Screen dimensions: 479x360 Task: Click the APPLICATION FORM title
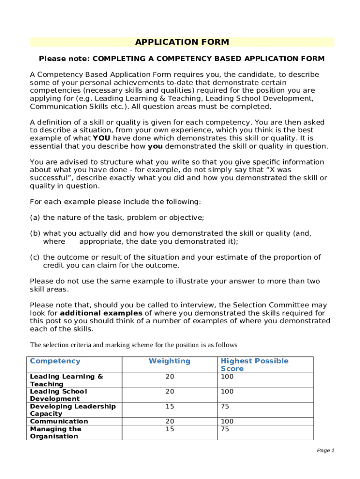pos(182,43)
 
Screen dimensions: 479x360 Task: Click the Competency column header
pos(55,361)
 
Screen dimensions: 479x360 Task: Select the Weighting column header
pos(169,361)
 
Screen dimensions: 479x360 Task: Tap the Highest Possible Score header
pos(254,364)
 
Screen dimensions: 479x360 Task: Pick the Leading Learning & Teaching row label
pos(66,380)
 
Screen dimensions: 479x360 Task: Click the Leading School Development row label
pos(58,395)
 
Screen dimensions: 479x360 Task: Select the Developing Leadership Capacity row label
pos(72,410)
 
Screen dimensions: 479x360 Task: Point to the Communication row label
pos(59,421)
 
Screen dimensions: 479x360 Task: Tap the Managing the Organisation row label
pos(55,433)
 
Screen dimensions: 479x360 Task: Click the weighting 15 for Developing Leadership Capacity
pos(169,407)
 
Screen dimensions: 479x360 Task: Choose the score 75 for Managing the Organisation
pos(225,429)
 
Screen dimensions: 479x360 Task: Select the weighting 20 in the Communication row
pos(169,421)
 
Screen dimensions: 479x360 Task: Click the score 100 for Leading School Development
pos(227,392)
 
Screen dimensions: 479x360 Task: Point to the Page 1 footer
pos(325,450)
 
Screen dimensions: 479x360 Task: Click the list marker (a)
pos(35,218)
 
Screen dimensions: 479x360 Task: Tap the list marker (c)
pos(35,257)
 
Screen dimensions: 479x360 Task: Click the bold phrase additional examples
pos(101,313)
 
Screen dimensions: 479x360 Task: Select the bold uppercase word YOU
pos(102,138)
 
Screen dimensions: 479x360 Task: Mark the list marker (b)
pos(35,233)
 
